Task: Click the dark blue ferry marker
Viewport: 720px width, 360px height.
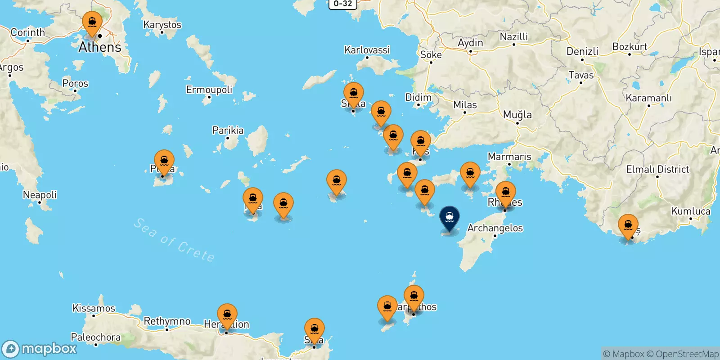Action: coord(449,217)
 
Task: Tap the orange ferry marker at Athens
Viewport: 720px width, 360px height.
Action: coord(92,22)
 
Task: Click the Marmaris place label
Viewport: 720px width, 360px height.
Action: coord(509,157)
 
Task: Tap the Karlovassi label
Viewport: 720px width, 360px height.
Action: coord(367,50)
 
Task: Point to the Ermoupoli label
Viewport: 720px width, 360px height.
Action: coord(209,90)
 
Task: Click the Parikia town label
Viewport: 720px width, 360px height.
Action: coord(228,130)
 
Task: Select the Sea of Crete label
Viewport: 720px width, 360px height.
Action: coord(174,240)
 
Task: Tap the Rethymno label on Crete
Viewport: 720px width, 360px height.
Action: coord(167,321)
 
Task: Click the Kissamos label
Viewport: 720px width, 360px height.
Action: coord(94,308)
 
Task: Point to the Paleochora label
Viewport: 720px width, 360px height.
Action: coord(95,337)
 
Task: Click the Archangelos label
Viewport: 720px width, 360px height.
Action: coord(495,228)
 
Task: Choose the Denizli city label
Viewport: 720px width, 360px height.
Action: coord(582,51)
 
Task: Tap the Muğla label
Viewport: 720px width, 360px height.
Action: coord(517,115)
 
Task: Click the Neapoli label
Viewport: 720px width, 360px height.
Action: coord(40,195)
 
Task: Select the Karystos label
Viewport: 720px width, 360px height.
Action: coord(162,25)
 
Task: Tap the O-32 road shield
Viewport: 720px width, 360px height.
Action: coord(343,4)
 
